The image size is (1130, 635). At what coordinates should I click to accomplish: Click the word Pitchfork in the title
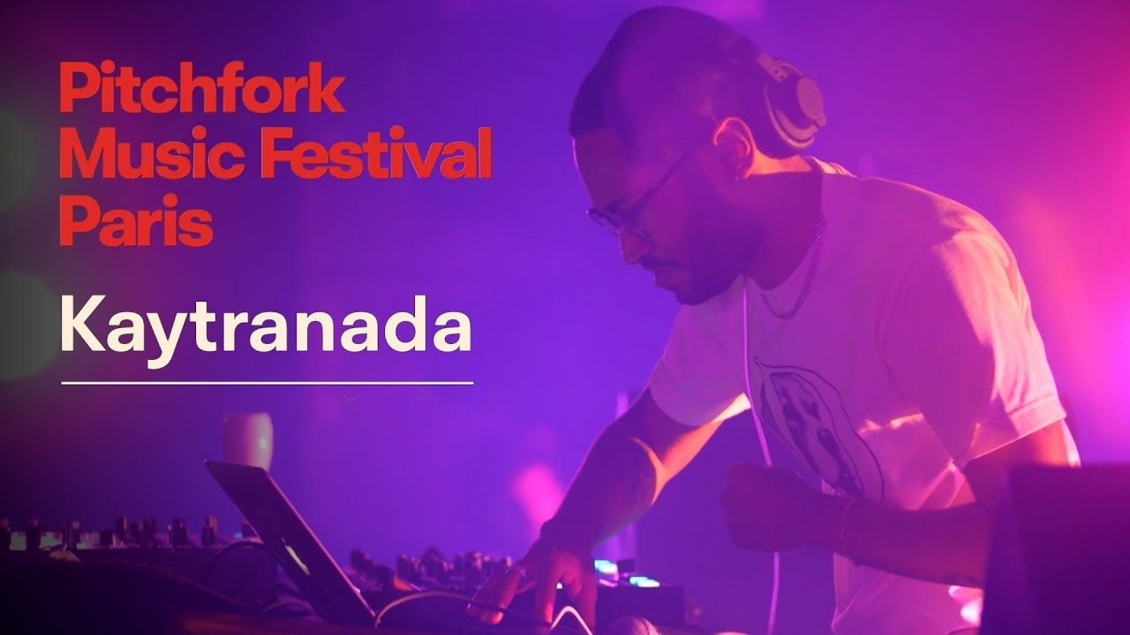(x=201, y=89)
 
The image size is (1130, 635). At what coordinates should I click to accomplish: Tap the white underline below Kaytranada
(x=267, y=384)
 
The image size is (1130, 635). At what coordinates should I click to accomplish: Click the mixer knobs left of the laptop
(x=115, y=534)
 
